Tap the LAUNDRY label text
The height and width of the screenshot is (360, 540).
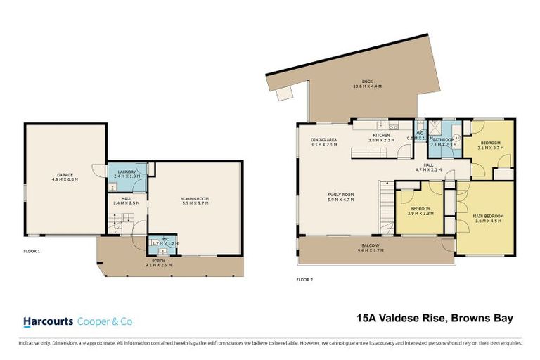127,172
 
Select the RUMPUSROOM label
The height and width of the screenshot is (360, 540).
195,199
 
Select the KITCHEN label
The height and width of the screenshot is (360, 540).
381,134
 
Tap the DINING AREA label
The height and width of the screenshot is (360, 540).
324,139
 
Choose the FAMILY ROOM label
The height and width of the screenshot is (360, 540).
340,195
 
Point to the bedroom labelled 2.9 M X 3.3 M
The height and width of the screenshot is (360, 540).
420,211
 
